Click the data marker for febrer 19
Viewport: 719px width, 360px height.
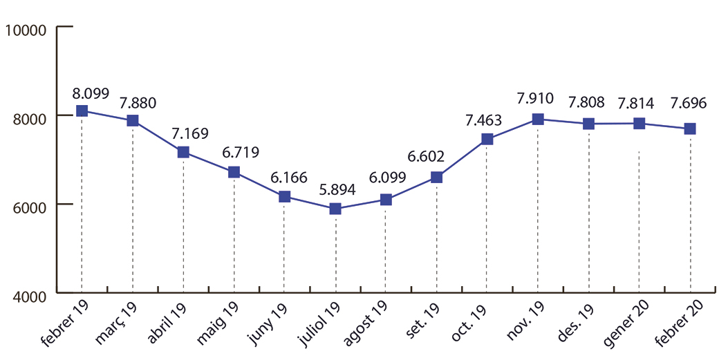pyautogui.click(x=82, y=111)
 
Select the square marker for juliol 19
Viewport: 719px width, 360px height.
pyautogui.click(x=335, y=209)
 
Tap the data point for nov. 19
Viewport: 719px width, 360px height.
pyautogui.click(x=538, y=119)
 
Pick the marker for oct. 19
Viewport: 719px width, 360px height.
pyautogui.click(x=487, y=139)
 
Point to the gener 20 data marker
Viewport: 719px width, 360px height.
pyautogui.click(x=639, y=124)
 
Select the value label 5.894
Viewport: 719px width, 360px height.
pyautogui.click(x=337, y=190)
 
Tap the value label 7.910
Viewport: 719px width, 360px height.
pyautogui.click(x=535, y=99)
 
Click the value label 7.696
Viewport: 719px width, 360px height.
pyautogui.click(x=689, y=104)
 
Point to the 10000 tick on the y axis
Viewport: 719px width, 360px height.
pyautogui.click(x=25, y=30)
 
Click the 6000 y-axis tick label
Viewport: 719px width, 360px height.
pyautogui.click(x=28, y=206)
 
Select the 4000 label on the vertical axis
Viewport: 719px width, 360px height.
pyautogui.click(x=28, y=295)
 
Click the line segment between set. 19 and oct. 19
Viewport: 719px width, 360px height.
pyautogui.click(x=462, y=158)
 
